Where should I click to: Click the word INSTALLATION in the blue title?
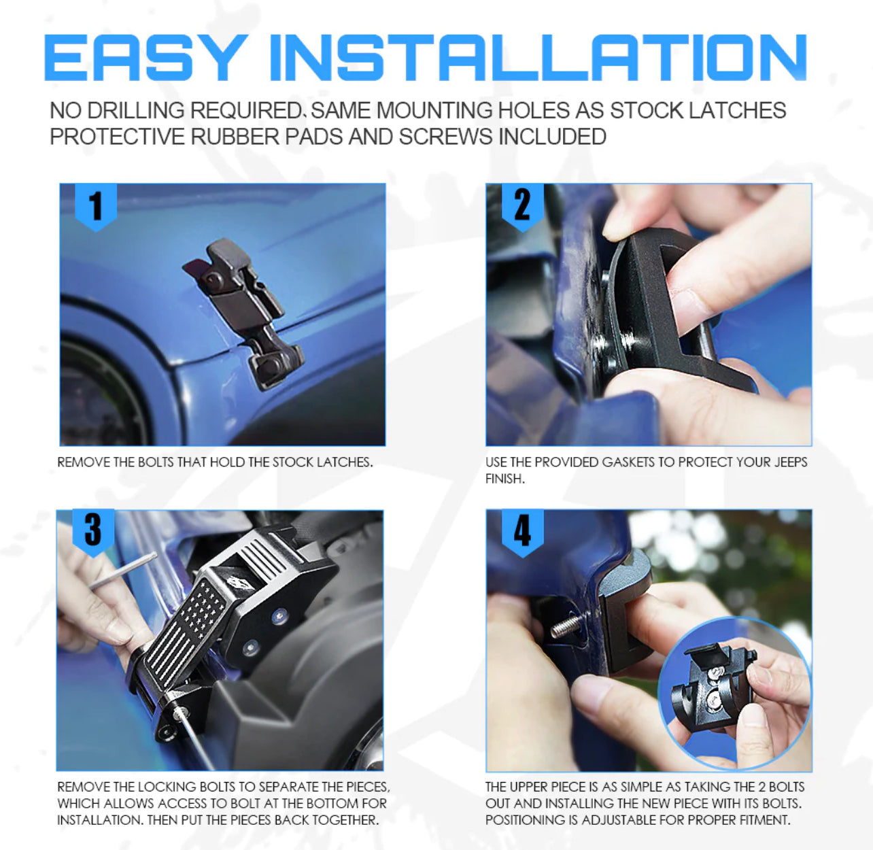coord(538,57)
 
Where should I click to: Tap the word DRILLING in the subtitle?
coord(135,110)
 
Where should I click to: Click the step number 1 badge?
coord(96,206)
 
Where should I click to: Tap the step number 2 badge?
coord(523,206)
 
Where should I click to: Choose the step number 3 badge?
coord(93,531)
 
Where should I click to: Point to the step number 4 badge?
coord(523,531)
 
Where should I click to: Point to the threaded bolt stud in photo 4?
coord(567,625)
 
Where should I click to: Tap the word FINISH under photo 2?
coord(504,479)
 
